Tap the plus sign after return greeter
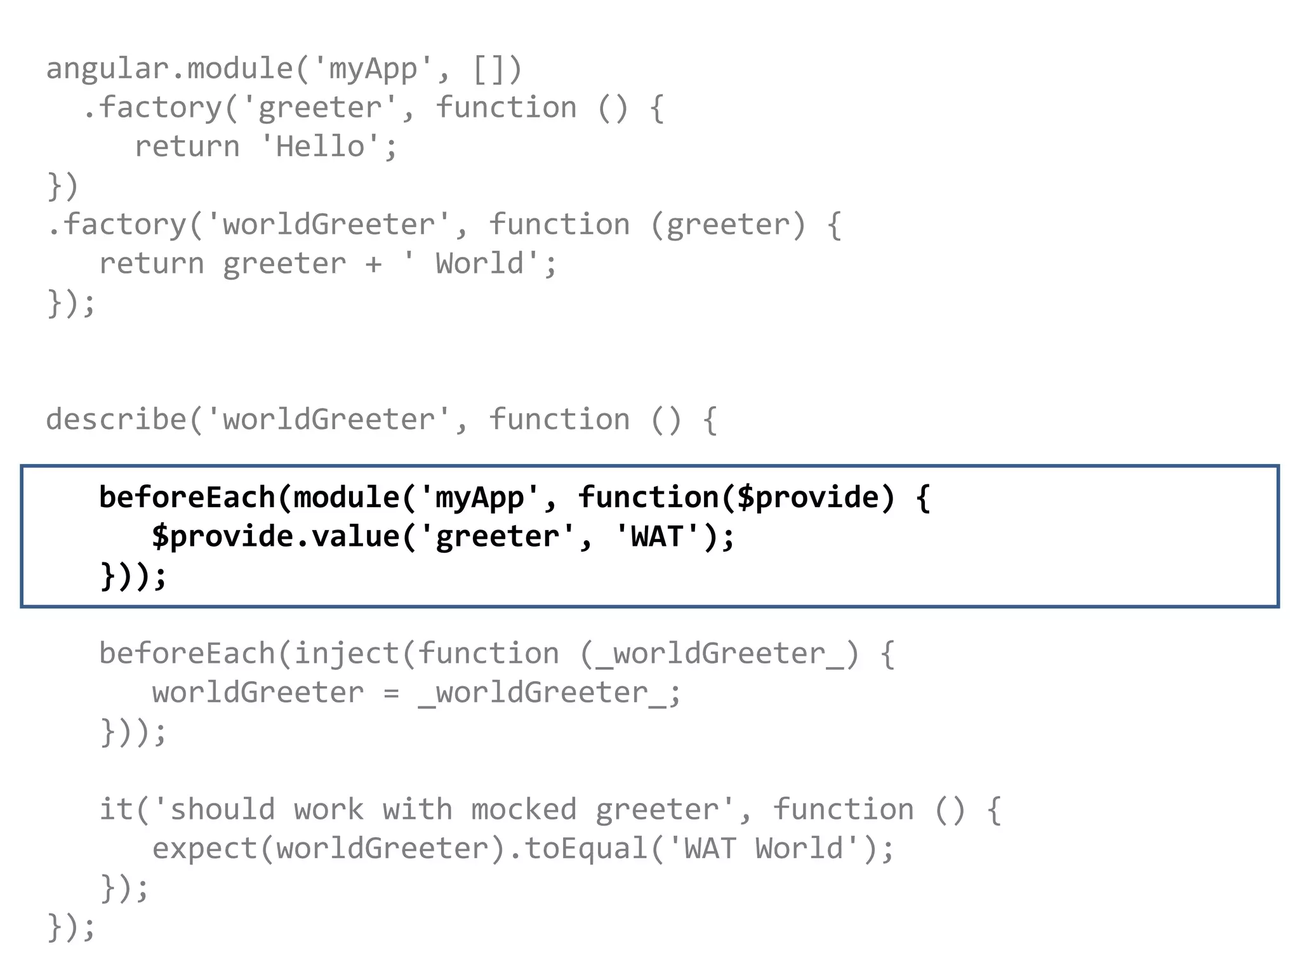tap(373, 264)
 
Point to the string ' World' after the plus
tap(470, 264)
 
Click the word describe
tap(116, 420)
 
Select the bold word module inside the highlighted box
tap(346, 498)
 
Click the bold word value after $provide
tap(355, 537)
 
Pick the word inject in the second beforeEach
tap(346, 654)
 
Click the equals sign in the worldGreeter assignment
tap(391, 693)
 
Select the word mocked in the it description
tap(524, 810)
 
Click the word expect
tap(204, 849)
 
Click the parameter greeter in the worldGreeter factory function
tap(727, 225)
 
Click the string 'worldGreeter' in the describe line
tap(328, 420)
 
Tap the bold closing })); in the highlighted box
tap(133, 576)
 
